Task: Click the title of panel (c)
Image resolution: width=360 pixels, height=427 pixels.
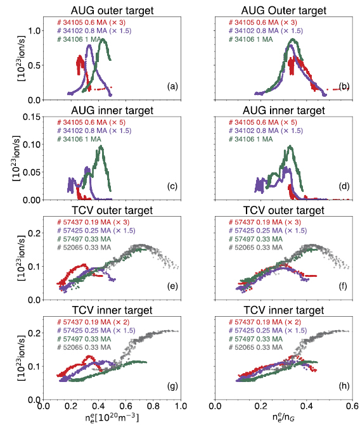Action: click(112, 110)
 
